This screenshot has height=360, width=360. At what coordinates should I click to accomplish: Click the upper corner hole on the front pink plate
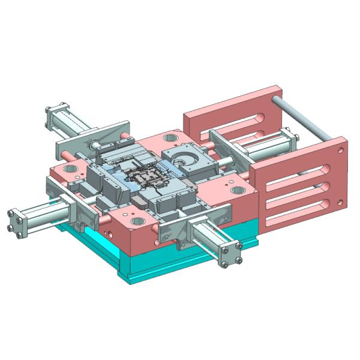tap(340, 144)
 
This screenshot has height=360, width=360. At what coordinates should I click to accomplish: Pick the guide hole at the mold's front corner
tap(136, 220)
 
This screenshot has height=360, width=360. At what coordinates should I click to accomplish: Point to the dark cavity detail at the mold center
tap(146, 177)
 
